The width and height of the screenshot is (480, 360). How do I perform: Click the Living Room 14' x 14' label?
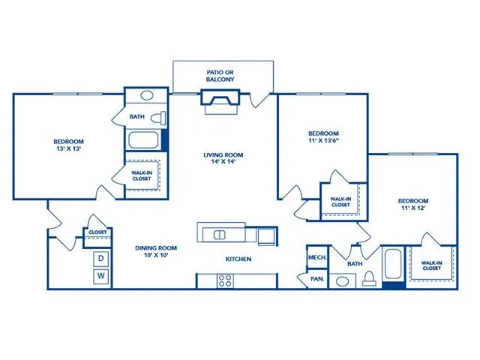point(223,158)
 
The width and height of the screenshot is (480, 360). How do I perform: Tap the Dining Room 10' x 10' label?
point(156,251)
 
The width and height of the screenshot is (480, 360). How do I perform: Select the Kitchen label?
point(238,259)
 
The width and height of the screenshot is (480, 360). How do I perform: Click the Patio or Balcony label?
point(220,76)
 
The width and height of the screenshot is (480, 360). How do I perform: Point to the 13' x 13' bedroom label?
point(68,145)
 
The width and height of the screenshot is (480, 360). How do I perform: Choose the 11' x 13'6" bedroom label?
point(323,136)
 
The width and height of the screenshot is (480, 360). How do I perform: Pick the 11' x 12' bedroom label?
point(413,204)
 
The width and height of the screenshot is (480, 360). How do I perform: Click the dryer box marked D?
point(101,259)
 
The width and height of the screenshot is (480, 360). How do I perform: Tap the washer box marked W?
point(101,276)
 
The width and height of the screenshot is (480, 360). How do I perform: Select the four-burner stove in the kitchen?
point(225,280)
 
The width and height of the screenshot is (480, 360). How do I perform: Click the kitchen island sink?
point(220,235)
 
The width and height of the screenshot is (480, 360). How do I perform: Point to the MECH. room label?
point(317,257)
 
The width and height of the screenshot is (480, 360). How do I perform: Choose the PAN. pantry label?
point(316,279)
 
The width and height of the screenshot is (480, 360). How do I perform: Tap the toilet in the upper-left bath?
point(158,118)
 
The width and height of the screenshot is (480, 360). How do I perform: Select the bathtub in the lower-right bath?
point(394,264)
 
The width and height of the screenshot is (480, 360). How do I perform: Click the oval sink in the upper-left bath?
point(147,95)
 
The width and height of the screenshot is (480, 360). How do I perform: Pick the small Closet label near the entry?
point(97,232)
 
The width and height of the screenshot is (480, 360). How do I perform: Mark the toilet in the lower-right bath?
point(370,279)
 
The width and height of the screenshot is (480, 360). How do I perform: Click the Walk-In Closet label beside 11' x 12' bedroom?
point(431,265)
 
